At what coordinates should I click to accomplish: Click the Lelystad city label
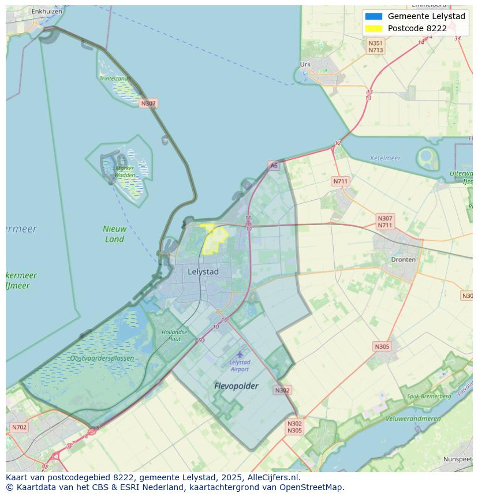203,271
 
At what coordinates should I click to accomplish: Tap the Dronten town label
403,260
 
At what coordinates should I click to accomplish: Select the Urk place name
305,65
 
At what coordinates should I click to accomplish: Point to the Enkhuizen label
47,11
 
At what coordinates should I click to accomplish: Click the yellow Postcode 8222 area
215,238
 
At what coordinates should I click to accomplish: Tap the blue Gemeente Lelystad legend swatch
374,16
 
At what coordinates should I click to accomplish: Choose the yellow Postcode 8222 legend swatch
374,28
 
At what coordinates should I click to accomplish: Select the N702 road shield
19,428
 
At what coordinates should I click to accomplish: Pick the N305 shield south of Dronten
382,346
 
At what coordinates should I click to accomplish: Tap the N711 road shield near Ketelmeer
341,181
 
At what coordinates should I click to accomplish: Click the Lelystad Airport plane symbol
240,354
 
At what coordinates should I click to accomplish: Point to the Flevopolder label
236,386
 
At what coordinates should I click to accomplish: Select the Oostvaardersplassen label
102,358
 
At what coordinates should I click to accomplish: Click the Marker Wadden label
124,171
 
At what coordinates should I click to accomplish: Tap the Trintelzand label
114,78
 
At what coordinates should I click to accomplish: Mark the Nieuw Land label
114,234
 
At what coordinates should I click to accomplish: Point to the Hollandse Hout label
174,335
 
